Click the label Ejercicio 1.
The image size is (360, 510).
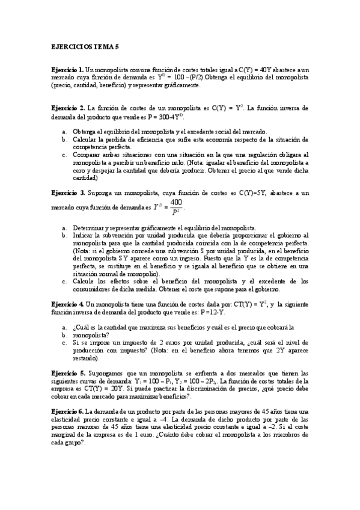(67, 70)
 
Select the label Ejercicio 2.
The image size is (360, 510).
(67, 108)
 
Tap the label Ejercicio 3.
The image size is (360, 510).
(67, 193)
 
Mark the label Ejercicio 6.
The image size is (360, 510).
(67, 410)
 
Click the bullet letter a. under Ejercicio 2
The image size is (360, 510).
(64, 132)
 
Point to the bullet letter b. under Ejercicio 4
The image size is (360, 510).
(64, 334)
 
